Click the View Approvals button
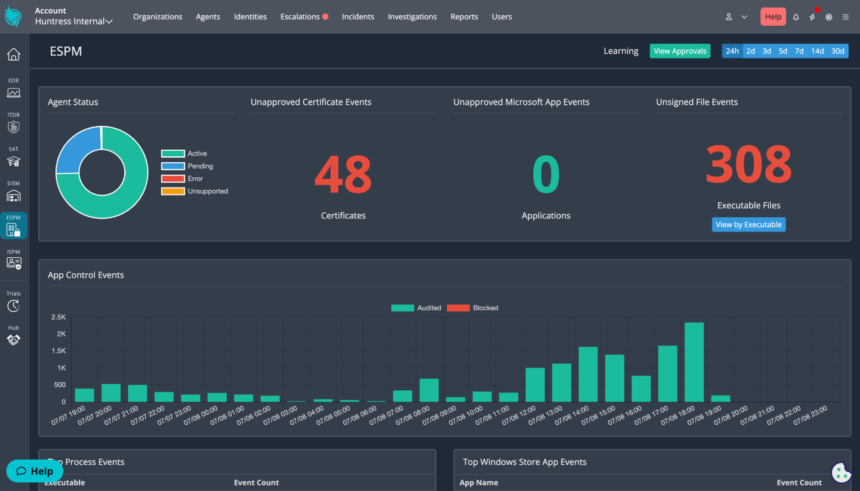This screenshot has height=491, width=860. click(680, 51)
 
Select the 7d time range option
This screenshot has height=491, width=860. click(799, 51)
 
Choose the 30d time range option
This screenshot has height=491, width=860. click(837, 51)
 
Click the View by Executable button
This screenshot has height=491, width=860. click(749, 225)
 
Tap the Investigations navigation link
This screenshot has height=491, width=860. click(412, 17)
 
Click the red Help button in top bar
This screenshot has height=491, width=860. click(773, 17)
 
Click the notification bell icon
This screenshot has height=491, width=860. click(796, 17)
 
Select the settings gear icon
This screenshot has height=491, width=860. click(829, 17)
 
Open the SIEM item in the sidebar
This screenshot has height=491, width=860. click(13, 191)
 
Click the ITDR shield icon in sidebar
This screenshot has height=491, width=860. click(13, 127)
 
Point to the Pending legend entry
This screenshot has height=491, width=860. click(187, 166)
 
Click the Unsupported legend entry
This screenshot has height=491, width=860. click(194, 191)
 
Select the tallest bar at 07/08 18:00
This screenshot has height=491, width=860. click(694, 362)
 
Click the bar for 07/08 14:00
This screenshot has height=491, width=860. click(588, 374)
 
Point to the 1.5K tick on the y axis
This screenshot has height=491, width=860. click(59, 351)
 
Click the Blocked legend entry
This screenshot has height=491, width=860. click(473, 308)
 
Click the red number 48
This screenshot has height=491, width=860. click(343, 175)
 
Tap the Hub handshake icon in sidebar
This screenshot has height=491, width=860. click(13, 340)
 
